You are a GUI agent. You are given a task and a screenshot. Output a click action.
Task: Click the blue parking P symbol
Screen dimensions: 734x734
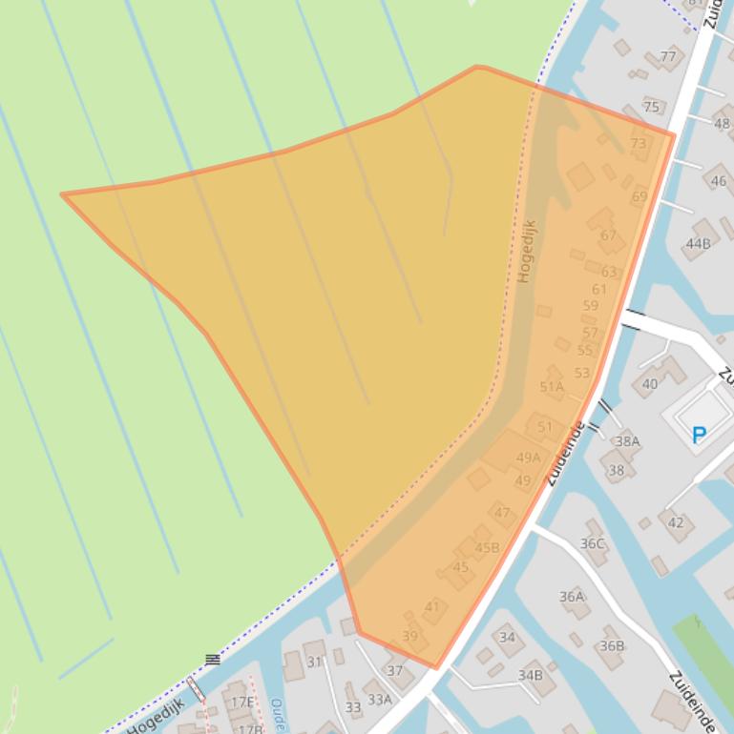(x=699, y=435)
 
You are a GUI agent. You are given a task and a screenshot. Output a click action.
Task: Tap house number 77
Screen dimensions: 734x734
(x=667, y=56)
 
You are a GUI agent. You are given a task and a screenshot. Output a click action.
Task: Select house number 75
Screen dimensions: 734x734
(x=651, y=106)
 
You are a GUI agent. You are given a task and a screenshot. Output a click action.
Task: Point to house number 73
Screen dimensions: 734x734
(x=639, y=144)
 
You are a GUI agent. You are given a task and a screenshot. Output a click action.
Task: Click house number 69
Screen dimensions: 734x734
(x=640, y=196)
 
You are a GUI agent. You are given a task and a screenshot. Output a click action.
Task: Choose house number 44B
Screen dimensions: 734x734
(x=698, y=244)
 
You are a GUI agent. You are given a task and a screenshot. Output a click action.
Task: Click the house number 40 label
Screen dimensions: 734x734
(x=650, y=384)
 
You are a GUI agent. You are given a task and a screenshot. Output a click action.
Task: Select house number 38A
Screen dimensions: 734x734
(x=627, y=441)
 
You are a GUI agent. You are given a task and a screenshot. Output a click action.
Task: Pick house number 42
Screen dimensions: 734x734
(x=676, y=521)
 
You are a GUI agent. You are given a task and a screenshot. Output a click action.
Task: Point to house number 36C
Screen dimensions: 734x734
(x=593, y=543)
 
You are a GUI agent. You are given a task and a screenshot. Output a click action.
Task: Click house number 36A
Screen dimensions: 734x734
(x=572, y=597)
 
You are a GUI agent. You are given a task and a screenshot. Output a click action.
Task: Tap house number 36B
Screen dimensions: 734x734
(x=612, y=645)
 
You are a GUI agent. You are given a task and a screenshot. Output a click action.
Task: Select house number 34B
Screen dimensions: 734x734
(x=531, y=675)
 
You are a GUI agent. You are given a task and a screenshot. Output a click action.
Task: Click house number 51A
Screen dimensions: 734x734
(x=552, y=386)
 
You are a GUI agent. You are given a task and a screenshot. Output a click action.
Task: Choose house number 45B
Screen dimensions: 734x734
(x=487, y=547)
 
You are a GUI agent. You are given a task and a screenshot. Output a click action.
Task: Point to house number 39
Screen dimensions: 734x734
(x=410, y=636)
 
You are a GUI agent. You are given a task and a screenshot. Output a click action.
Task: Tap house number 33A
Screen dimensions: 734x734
(x=380, y=699)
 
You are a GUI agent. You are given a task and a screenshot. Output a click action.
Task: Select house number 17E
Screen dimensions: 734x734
(x=243, y=703)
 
